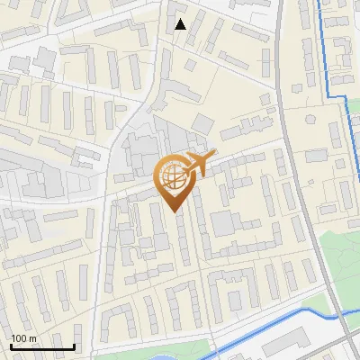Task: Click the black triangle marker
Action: [x=181, y=24]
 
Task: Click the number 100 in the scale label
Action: [x=18, y=338]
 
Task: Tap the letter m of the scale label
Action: [x=32, y=338]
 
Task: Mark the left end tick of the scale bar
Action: [x=11, y=346]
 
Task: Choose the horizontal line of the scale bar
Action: [x=42, y=347]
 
